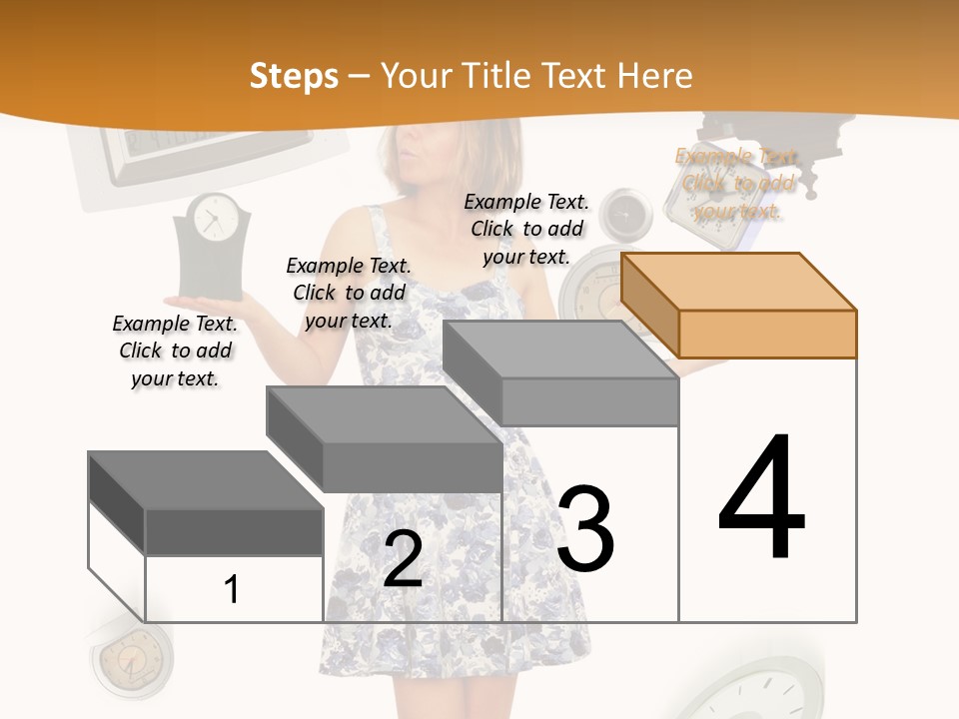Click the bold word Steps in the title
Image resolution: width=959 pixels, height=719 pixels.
(294, 76)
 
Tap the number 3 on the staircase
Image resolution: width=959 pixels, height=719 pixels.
(585, 529)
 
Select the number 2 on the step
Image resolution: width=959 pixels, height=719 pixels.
(403, 560)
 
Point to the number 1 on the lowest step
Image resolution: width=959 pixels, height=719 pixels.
(231, 590)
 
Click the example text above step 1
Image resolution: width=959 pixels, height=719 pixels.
(175, 351)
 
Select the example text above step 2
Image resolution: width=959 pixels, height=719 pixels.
(349, 293)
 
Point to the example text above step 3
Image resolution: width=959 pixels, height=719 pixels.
(526, 229)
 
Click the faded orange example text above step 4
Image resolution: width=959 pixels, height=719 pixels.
(737, 184)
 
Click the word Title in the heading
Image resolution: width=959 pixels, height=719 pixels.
(497, 76)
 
